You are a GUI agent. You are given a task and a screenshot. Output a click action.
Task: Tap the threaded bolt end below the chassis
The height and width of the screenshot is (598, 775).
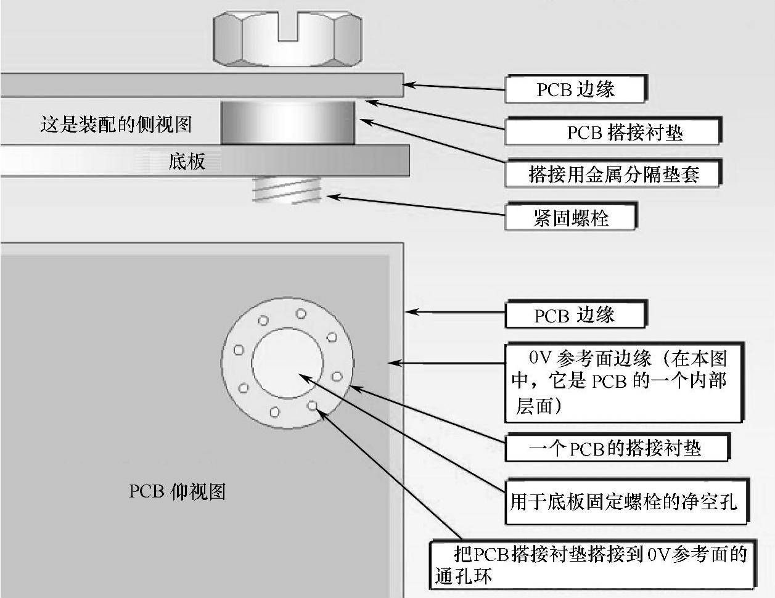point(287,190)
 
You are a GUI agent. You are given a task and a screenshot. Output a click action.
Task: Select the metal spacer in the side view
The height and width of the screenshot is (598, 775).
point(287,122)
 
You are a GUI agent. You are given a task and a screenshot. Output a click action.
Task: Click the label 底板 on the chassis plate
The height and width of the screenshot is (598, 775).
point(186,162)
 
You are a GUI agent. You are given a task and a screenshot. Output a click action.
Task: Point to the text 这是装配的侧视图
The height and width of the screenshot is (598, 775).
point(116,124)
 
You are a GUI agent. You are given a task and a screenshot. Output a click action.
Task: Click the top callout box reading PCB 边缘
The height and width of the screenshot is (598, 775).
point(575,89)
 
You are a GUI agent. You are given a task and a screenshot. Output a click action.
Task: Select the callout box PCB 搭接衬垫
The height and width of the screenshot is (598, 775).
point(612,132)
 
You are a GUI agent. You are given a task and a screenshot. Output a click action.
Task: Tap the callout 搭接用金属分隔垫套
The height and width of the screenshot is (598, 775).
point(612,174)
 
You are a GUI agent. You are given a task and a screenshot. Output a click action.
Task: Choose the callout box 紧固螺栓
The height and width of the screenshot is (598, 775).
point(570,217)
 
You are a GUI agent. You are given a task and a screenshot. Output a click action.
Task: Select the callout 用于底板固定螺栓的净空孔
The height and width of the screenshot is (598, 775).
point(625,501)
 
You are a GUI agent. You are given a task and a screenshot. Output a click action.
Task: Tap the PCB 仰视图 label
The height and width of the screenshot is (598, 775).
point(177,491)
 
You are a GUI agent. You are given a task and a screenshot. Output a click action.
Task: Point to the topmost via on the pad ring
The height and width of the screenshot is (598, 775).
point(301,314)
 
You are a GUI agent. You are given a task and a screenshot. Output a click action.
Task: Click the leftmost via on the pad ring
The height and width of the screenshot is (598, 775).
point(239,350)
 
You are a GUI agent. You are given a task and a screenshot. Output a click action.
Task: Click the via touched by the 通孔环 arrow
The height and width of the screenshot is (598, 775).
point(313,405)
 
